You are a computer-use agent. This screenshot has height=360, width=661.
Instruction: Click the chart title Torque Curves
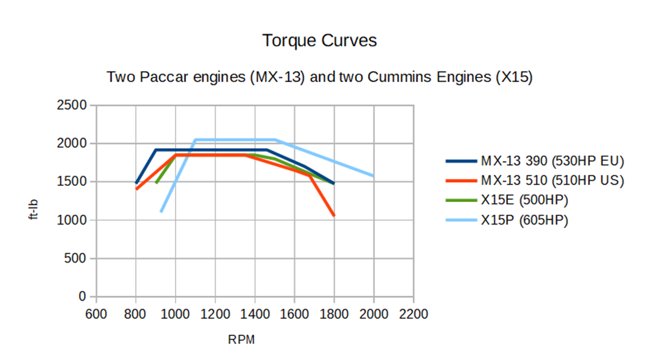[x=320, y=41]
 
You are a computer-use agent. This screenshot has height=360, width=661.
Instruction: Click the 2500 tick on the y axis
[x=75, y=105]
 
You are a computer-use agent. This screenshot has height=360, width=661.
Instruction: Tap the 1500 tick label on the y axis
[x=75, y=182]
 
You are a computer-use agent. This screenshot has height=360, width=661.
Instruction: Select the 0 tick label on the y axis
[x=82, y=297]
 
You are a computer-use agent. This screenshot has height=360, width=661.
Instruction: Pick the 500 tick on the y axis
[x=78, y=259]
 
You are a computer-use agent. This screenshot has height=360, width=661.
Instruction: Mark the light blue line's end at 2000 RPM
[x=374, y=175]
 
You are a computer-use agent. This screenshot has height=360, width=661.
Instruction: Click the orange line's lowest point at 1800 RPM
[x=334, y=215]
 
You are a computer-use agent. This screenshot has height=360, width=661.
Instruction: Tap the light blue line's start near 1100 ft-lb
[x=161, y=211]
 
